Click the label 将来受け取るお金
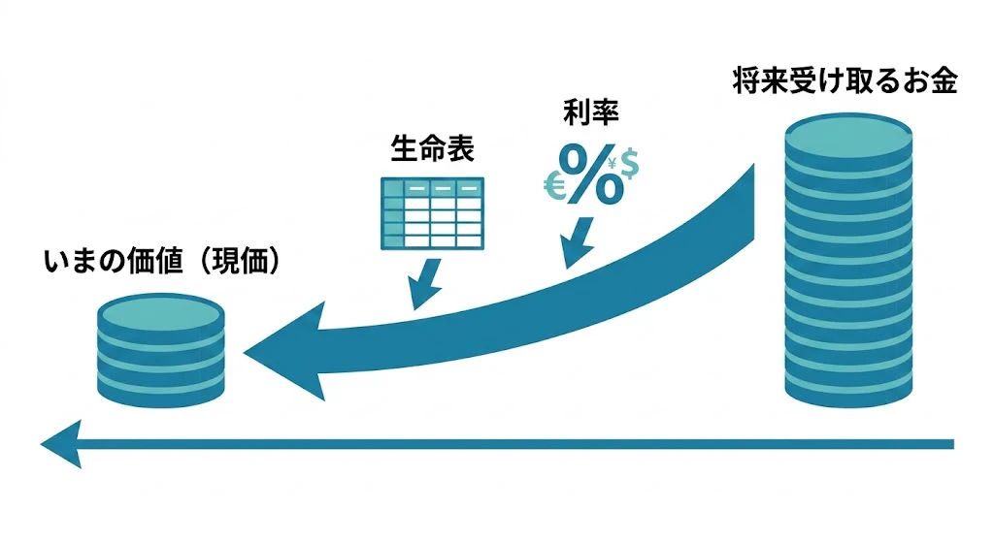(845, 81)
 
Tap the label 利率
(591, 112)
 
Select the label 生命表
(432, 148)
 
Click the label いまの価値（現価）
(162, 260)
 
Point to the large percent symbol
(591, 175)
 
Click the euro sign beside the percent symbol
(554, 187)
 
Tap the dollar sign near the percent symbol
(629, 164)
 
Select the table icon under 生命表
(432, 213)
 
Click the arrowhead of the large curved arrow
(284, 351)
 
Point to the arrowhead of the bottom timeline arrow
(62, 444)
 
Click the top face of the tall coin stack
(848, 132)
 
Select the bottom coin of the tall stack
(848, 392)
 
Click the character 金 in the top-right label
(944, 81)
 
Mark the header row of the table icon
(432, 188)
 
